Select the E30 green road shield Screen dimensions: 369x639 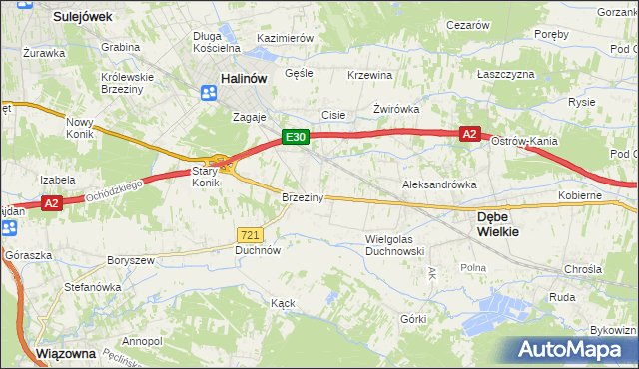[x=294, y=138]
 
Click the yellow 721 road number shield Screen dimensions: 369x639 [x=250, y=234]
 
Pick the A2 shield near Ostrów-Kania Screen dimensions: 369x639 [x=470, y=133]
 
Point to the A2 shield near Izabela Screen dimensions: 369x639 [x=54, y=204]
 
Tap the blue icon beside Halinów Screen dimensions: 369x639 [x=209, y=93]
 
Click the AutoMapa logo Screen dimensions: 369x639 [x=571, y=349]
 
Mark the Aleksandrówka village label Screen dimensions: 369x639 [x=435, y=185]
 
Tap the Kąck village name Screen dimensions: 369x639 [x=283, y=301]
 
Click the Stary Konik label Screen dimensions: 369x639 [x=205, y=177]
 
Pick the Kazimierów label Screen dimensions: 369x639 [x=286, y=37]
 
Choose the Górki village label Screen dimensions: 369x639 [x=413, y=319]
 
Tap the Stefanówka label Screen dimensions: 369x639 [x=92, y=287]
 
